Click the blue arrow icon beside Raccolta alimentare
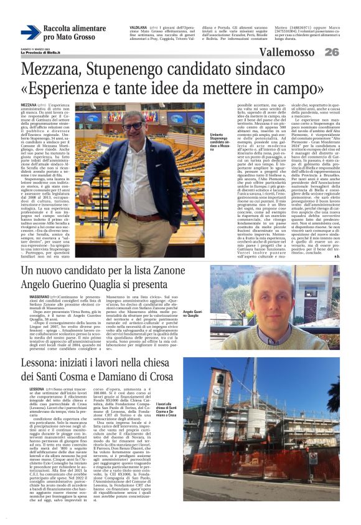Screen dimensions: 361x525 click(30, 33)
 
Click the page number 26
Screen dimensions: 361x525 click(332, 52)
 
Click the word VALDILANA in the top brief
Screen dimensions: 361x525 click(139, 27)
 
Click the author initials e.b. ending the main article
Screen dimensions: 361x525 click(337, 256)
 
